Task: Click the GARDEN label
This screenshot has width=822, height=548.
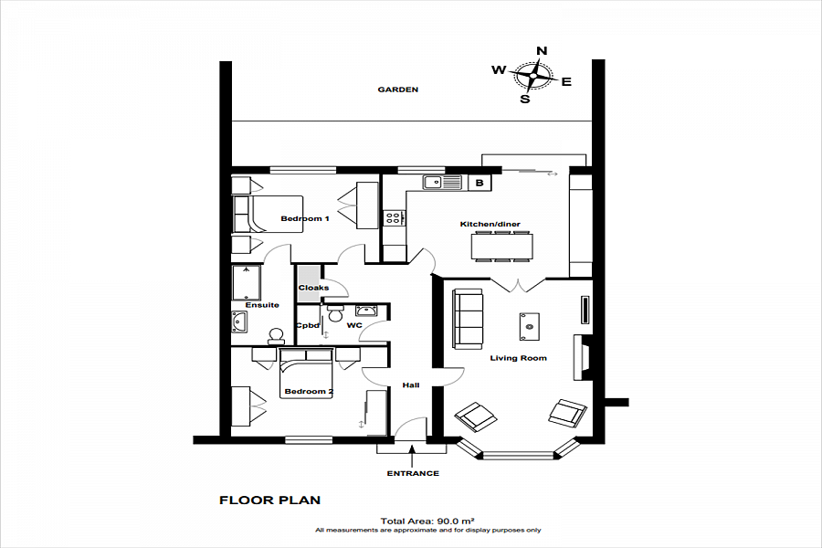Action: pos(398,90)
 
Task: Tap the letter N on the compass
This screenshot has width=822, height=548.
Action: pos(542,50)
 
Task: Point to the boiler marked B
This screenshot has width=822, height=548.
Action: pos(479,183)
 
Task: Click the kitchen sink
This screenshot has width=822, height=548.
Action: pos(442,183)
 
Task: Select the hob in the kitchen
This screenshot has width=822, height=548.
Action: pos(395,217)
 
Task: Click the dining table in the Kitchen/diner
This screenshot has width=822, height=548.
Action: pos(501,246)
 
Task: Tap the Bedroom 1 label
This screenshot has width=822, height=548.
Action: pos(304,218)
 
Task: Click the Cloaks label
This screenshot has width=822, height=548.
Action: pos(313,288)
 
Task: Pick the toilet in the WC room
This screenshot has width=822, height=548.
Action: pos(335,313)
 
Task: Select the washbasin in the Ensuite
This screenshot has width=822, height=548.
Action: pos(239,322)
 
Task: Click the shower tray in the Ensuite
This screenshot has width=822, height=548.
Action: pos(246,282)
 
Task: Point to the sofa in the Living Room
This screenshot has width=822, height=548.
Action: pos(468,319)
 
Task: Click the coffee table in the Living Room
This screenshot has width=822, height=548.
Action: pos(530,326)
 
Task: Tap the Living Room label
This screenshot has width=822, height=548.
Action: pos(518,358)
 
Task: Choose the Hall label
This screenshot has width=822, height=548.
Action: pos(411,385)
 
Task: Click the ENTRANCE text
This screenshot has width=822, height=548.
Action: pos(413,473)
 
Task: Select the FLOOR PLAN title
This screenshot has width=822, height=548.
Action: pos(269,501)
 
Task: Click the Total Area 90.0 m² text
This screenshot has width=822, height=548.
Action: pos(427,521)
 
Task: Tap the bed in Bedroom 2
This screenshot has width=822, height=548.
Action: pos(307,374)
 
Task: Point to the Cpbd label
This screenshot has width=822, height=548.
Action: pos(308,325)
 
